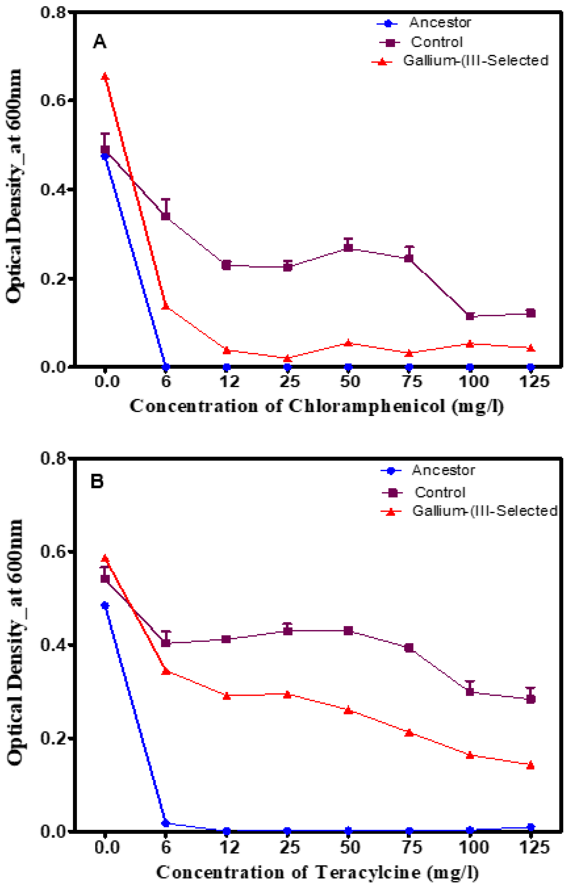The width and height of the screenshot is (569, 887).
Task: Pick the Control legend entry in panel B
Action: pyautogui.click(x=440, y=492)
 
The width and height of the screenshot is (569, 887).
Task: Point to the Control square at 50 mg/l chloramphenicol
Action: pyautogui.click(x=348, y=247)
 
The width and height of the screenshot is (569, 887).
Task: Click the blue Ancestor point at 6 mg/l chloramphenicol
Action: pyautogui.click(x=166, y=367)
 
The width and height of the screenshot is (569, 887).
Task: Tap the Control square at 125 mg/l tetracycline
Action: pyautogui.click(x=531, y=699)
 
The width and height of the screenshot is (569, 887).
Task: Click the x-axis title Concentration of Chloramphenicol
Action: pyautogui.click(x=317, y=406)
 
